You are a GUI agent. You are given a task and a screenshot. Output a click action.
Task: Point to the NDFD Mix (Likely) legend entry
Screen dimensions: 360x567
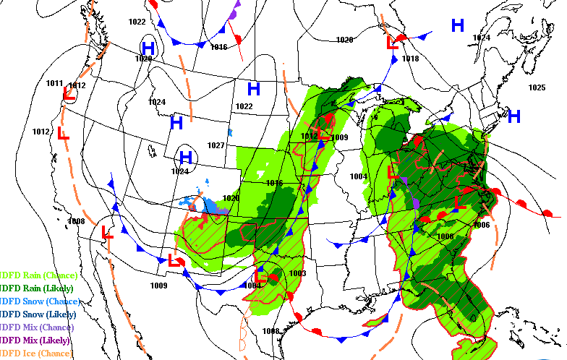coord(36,340)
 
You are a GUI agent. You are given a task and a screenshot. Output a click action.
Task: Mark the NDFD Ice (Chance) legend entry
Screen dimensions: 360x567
coord(36,353)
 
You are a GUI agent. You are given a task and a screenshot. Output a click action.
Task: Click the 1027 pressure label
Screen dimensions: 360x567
coord(216,145)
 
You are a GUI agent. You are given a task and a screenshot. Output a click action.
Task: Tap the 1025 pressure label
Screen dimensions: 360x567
coord(536,87)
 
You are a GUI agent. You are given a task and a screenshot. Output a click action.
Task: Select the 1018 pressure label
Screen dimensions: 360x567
coord(410,59)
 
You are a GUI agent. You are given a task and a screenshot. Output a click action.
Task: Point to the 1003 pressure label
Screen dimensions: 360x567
coord(297,273)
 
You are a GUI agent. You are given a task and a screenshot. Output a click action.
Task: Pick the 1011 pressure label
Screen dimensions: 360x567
coord(55,83)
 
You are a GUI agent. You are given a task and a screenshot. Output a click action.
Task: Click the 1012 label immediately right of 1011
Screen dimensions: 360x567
coord(77,85)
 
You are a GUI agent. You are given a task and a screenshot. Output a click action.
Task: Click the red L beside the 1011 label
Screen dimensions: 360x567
coord(69,94)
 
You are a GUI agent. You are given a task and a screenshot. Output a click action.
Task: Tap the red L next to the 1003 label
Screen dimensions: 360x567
coord(261,275)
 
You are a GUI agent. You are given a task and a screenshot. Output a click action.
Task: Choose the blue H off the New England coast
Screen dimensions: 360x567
coord(514,116)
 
